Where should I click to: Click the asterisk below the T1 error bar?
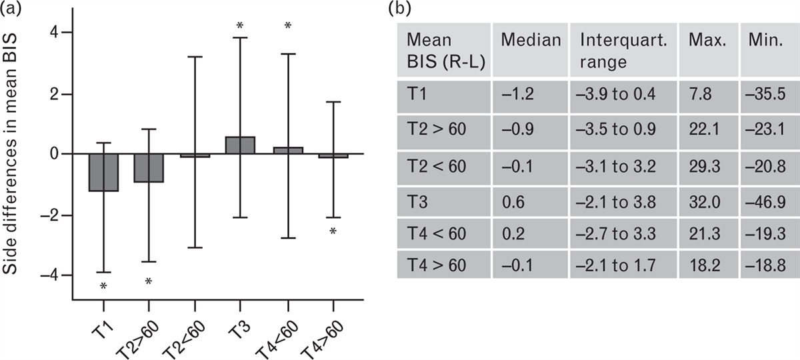pos(103,287)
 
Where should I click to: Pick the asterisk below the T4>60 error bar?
pos(333,232)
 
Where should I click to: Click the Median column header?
pos(531,39)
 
